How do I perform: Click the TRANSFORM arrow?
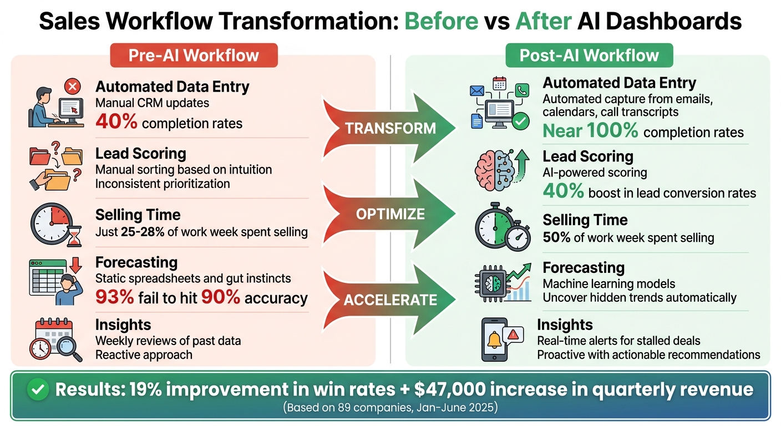(x=390, y=128)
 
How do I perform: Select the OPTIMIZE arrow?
(x=390, y=214)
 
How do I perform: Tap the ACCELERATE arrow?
(x=390, y=300)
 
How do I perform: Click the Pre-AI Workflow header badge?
(x=194, y=55)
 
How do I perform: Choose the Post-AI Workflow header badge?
(x=589, y=55)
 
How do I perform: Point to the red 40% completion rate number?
(x=116, y=122)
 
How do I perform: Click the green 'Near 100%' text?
(x=590, y=132)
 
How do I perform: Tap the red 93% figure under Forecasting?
(x=114, y=297)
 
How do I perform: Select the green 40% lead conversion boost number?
(x=563, y=192)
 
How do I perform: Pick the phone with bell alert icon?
(x=495, y=339)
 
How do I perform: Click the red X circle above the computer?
(x=73, y=87)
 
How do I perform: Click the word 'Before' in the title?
(x=441, y=21)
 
